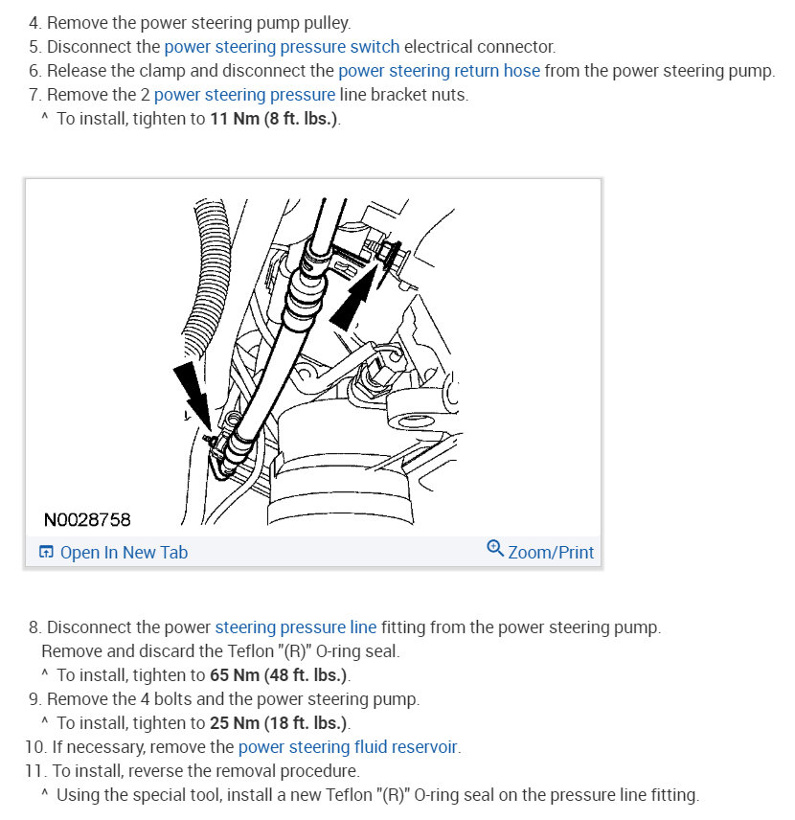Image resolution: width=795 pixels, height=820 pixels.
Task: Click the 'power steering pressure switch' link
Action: [x=282, y=46]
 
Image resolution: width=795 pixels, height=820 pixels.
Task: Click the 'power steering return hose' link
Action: [x=439, y=71]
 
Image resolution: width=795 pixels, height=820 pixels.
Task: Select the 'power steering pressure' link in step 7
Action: [x=244, y=95]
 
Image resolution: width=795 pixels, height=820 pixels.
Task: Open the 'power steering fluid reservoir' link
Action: [x=348, y=747]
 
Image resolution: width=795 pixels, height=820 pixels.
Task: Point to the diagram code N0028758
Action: [x=87, y=520]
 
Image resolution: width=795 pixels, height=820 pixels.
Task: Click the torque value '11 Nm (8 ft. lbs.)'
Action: [x=274, y=120]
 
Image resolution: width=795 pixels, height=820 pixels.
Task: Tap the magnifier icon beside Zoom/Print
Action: [x=495, y=549]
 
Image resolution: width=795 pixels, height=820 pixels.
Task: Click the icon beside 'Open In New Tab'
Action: [x=46, y=552]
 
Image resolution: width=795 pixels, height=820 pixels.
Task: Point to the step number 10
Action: [x=33, y=747]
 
